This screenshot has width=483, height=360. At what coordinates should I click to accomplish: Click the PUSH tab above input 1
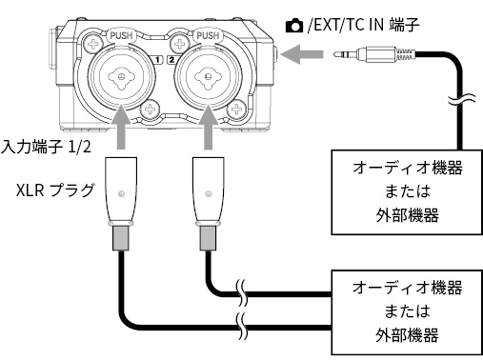tap(121, 35)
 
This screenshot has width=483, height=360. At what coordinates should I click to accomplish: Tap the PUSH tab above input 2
tap(208, 35)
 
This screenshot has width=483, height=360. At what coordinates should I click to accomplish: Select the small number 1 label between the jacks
tap(157, 59)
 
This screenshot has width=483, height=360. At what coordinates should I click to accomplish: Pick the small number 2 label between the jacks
tap(171, 59)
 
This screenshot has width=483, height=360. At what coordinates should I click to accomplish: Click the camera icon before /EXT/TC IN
tap(294, 26)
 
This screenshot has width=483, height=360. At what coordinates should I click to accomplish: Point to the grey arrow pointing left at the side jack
tap(302, 54)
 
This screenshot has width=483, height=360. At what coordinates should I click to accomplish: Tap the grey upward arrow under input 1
tap(121, 127)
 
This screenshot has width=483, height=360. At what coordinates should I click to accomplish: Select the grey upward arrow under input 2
tap(208, 127)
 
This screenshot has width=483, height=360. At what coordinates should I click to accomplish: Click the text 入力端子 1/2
tap(47, 148)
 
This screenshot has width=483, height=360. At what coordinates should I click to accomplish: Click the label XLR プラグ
tap(55, 190)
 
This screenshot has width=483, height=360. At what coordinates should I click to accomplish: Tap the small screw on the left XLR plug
tap(121, 193)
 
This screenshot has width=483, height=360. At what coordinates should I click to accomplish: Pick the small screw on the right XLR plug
tap(209, 193)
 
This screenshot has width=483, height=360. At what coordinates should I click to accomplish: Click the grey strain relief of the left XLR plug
tap(121, 238)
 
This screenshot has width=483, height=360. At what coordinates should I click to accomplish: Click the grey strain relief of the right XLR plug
tap(209, 238)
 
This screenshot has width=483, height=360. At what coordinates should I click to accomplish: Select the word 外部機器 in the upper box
tap(408, 215)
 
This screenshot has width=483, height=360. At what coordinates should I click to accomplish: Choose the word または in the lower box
tap(408, 310)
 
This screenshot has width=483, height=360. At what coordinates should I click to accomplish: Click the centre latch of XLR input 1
tap(121, 77)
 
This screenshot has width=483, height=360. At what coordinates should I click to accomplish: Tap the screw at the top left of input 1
tap(93, 44)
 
